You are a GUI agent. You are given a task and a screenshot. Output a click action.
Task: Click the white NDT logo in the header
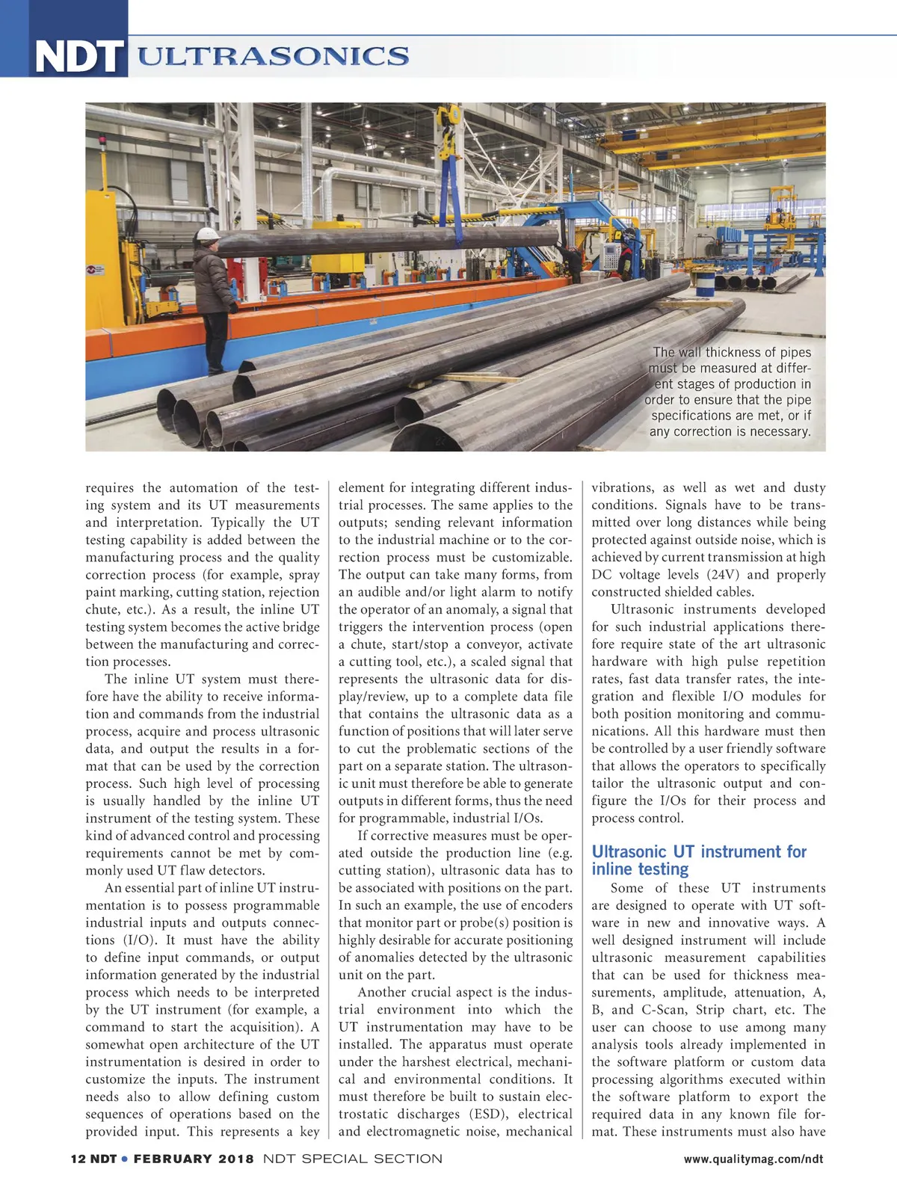78,57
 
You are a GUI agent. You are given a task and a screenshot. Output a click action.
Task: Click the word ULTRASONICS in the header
274,56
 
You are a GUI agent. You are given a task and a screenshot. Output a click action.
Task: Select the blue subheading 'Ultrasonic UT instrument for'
699,852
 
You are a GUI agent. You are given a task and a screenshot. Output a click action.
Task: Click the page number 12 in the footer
78,1159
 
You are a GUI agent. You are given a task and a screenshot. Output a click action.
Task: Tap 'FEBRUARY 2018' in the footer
194,1159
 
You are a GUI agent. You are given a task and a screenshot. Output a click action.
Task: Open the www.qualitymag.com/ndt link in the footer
753,1159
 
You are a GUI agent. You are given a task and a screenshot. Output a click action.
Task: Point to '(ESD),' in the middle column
494,1114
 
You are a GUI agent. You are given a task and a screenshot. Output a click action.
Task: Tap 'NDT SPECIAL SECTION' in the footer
353,1159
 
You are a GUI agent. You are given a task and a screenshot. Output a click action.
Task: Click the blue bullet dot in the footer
125,1159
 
